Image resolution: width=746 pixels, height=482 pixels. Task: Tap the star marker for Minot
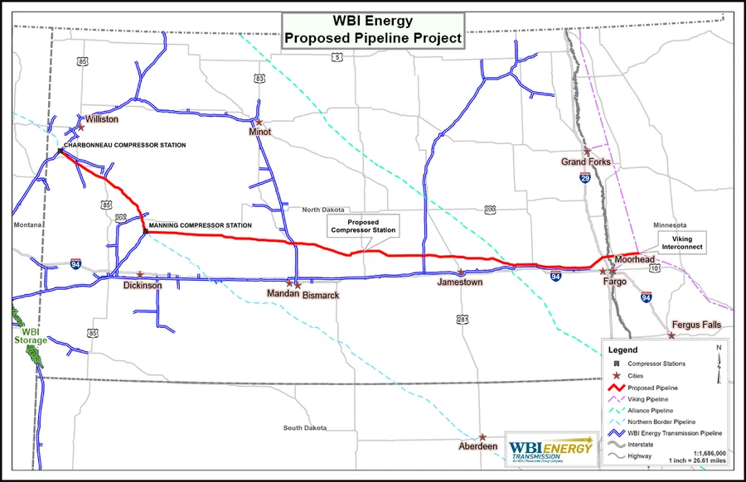pos(259,122)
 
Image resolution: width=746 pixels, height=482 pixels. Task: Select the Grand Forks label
pos(586,162)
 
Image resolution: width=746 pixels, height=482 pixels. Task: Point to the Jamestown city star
pos(462,272)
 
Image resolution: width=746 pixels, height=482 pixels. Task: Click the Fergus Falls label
pos(697,325)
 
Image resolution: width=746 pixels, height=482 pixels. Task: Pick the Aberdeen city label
pos(478,447)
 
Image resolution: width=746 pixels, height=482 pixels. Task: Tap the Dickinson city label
pos(142,285)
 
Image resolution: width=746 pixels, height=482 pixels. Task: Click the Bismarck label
pos(321,295)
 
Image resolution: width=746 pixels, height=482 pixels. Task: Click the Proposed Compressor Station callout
pos(363,227)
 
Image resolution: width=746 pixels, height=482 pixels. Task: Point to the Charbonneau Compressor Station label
pos(125,146)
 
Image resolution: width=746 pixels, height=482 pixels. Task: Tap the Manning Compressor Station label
pos(200,225)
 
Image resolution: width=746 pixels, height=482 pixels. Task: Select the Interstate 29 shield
pos(585,178)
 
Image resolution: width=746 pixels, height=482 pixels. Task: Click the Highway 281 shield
pos(463,319)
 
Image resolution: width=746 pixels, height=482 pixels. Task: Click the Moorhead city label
pos(634,260)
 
